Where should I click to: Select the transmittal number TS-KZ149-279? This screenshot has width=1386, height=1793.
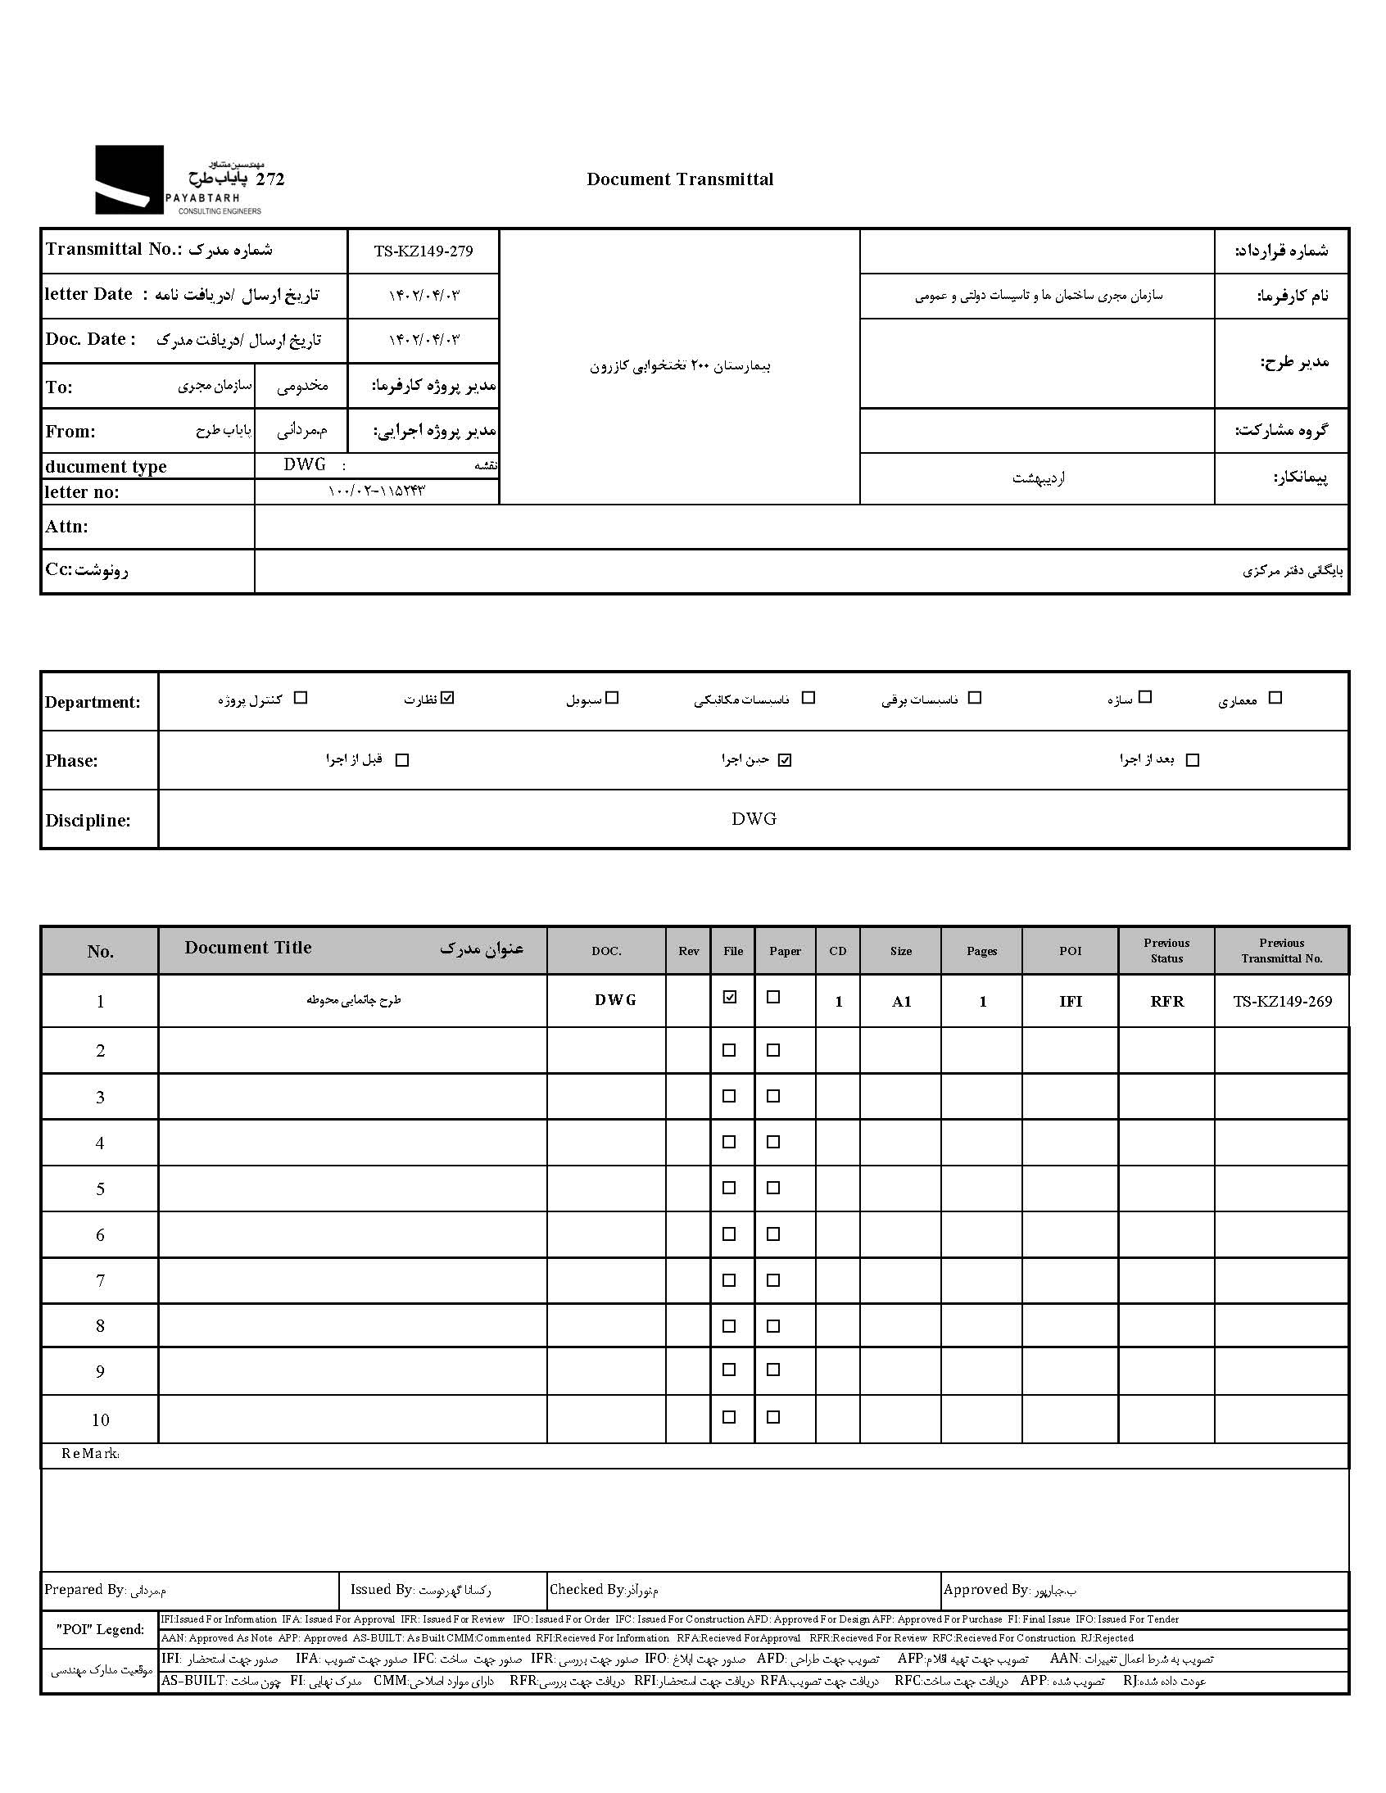[x=423, y=251]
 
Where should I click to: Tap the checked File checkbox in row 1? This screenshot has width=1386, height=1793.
[x=729, y=998]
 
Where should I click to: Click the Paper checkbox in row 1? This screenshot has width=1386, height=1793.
[x=772, y=998]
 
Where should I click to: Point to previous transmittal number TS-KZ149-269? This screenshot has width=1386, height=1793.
[x=1282, y=1002]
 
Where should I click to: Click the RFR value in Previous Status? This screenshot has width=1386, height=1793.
[x=1166, y=1002]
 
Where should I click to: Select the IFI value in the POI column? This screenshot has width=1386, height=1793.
[x=1071, y=1002]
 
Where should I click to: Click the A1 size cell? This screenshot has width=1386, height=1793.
[x=902, y=1002]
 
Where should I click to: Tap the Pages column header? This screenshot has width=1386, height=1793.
[x=982, y=951]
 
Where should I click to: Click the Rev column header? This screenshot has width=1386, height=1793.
[x=689, y=951]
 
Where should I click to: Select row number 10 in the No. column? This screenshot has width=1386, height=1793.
[x=100, y=1419]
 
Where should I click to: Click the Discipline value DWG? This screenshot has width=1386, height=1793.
[x=754, y=818]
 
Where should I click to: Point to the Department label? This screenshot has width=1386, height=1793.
[x=93, y=702]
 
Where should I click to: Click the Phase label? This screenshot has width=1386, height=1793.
[x=71, y=761]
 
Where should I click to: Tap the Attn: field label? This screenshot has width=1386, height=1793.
[x=66, y=527]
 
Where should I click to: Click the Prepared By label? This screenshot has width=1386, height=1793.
[x=84, y=1589]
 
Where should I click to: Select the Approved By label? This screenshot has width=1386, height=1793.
[x=985, y=1589]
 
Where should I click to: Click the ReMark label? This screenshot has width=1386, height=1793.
[x=90, y=1454]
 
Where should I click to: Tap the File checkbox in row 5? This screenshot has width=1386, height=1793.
[x=729, y=1188]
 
